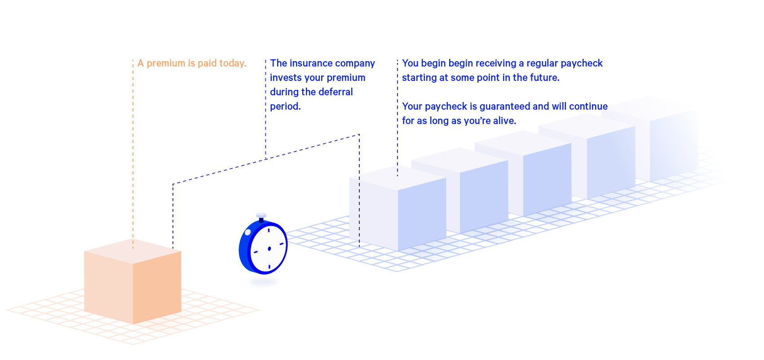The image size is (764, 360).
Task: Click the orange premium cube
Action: [132, 281]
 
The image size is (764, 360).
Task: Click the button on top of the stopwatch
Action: [261, 218]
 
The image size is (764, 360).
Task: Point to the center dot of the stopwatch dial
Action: [269, 249]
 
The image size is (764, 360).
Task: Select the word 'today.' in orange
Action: [233, 63]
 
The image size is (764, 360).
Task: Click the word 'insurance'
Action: [310, 63]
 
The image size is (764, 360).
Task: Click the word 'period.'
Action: [286, 107]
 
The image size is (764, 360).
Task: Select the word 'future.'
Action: [544, 78]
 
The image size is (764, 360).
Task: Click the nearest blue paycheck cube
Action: [397, 208]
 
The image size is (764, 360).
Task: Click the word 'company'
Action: [355, 64]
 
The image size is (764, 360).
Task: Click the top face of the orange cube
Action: [132, 251]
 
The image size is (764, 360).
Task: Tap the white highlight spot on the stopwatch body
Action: [248, 232]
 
